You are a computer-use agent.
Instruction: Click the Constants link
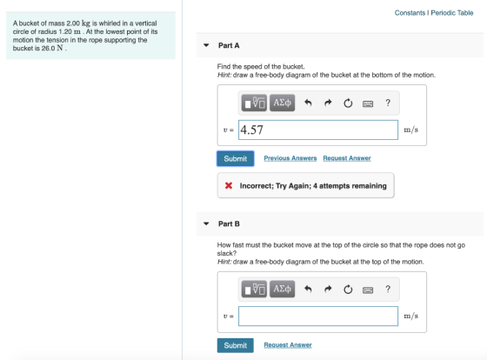(x=410, y=13)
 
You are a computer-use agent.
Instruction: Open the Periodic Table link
(x=452, y=13)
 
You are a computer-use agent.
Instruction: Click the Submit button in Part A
(x=236, y=158)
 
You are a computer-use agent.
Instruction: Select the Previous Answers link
(x=290, y=158)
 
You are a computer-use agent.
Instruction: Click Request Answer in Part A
(x=347, y=158)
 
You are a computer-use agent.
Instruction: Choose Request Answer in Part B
(x=288, y=344)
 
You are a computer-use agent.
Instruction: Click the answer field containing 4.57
(x=318, y=130)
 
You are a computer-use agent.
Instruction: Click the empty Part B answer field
(x=318, y=317)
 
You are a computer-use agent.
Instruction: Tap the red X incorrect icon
(x=229, y=185)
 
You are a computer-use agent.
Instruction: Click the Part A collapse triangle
(x=206, y=45)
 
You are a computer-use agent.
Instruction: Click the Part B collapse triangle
(x=206, y=223)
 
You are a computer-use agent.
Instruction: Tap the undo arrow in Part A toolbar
(x=308, y=103)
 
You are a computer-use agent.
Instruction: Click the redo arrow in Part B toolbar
(x=328, y=290)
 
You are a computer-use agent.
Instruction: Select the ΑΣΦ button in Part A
(x=282, y=103)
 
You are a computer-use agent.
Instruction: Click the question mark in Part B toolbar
(x=388, y=290)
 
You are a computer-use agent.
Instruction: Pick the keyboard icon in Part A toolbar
(x=368, y=103)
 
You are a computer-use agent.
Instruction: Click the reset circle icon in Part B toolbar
(x=348, y=290)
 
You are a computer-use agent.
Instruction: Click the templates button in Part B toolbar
(x=254, y=290)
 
